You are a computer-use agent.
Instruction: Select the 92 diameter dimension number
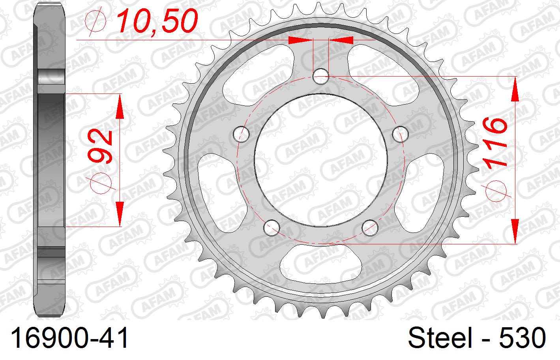(101, 146)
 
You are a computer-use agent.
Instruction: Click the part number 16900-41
(71, 338)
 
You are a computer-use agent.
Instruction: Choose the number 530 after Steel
(523, 338)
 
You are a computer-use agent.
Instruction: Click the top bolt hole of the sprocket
(321, 76)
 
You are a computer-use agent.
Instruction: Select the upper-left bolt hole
(242, 134)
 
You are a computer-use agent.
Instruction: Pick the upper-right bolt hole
(401, 134)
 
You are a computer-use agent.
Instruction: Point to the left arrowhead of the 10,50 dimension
(300, 40)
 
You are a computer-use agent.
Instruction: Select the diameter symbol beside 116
(496, 190)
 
